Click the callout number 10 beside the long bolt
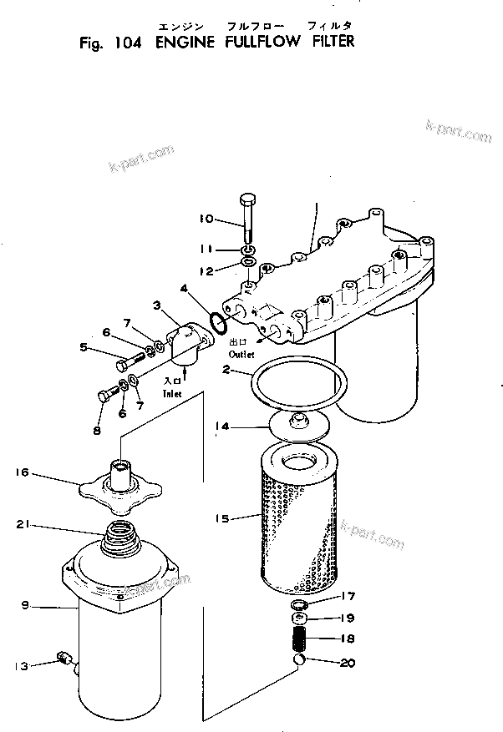[x=206, y=220]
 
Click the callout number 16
[x=22, y=472]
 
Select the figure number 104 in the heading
[x=125, y=41]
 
